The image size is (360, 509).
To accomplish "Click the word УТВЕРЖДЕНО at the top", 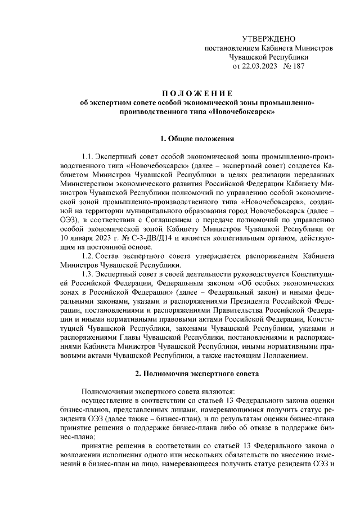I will click(x=268, y=38).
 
